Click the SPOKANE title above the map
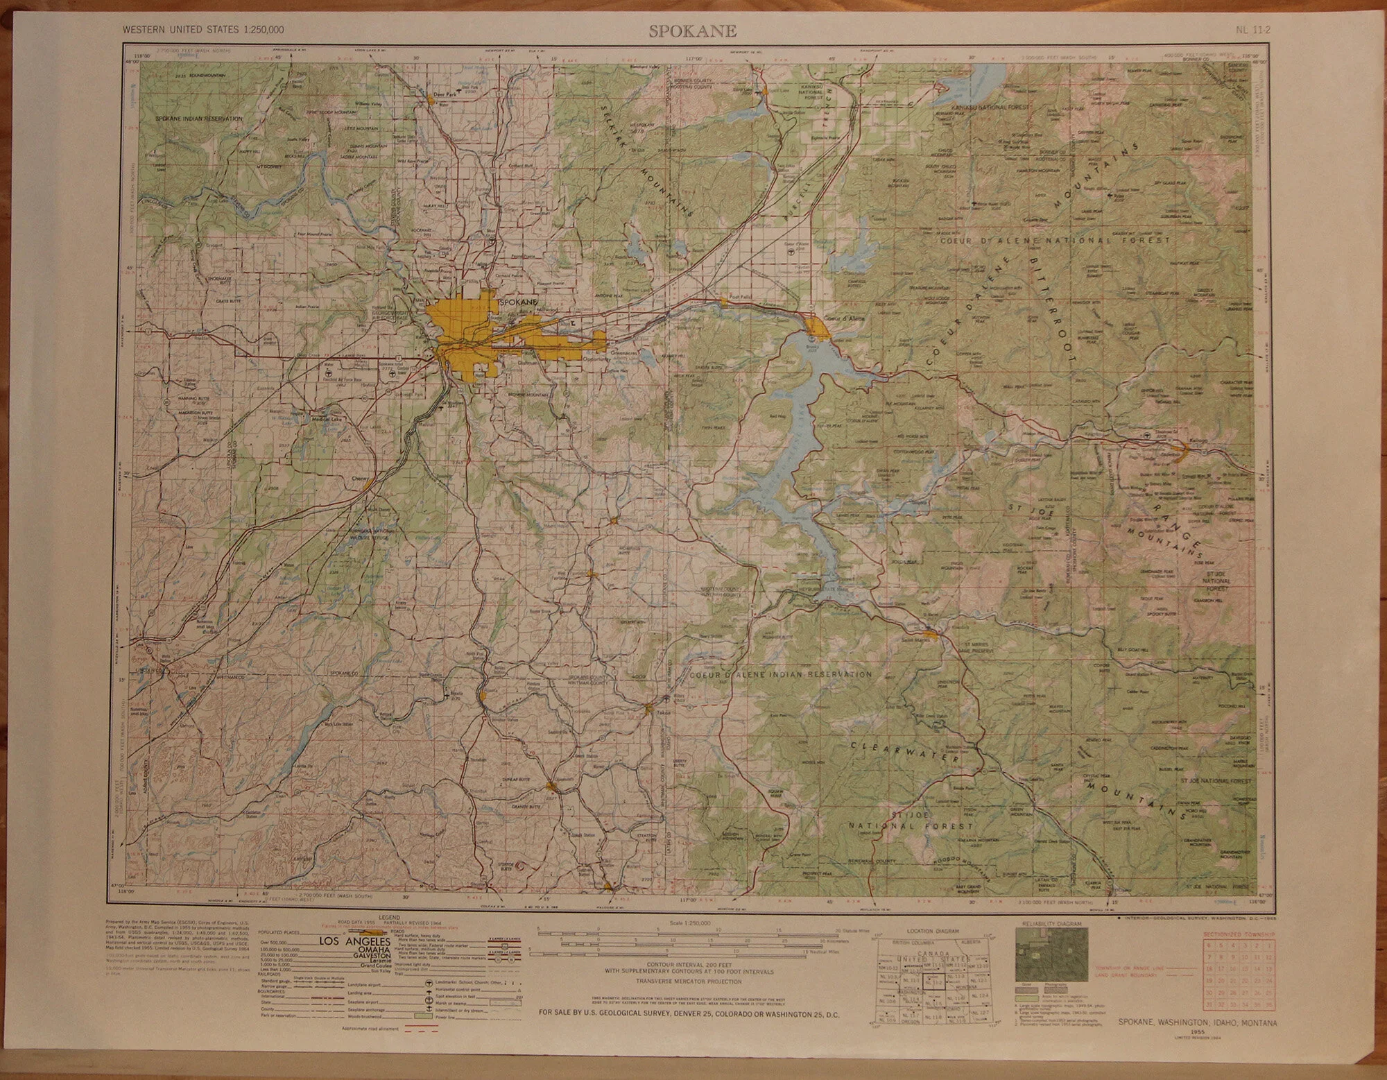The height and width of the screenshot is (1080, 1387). click(693, 31)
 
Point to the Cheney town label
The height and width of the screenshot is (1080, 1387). click(359, 479)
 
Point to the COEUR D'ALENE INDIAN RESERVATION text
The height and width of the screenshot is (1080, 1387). click(780, 674)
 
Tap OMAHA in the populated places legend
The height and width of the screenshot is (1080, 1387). click(359, 952)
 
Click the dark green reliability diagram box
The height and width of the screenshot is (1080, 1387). click(1051, 953)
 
